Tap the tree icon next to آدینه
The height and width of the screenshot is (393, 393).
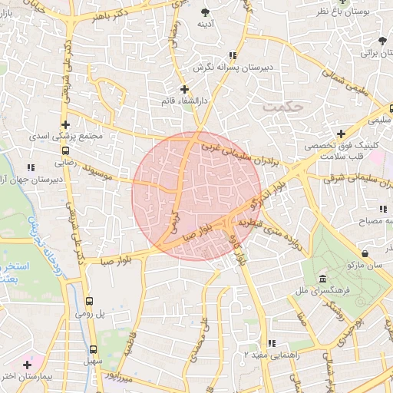[x=205, y=12]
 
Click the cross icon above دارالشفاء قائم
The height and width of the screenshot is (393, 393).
[x=184, y=89]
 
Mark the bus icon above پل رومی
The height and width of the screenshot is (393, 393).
[x=89, y=301]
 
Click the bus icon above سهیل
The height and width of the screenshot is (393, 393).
[x=92, y=347]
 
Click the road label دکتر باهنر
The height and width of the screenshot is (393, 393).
[x=100, y=16]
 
